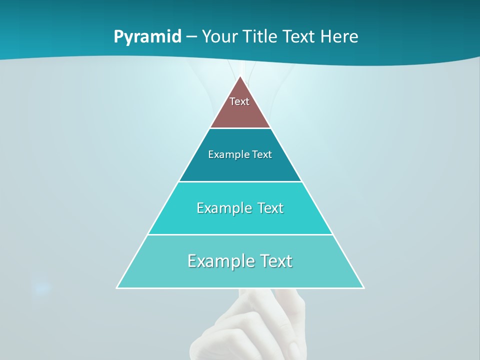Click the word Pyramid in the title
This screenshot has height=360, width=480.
point(147,37)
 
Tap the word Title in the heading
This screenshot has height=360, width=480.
point(261,36)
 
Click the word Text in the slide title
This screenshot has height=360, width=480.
point(299,36)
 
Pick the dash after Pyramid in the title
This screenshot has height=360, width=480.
point(191,37)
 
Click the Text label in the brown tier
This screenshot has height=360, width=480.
point(239,101)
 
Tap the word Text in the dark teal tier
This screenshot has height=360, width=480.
point(262,154)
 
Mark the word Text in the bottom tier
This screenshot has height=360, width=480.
point(274,261)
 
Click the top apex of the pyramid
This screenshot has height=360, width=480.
point(240,76)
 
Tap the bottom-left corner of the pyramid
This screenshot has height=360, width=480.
point(117,287)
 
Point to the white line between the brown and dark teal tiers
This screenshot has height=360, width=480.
point(240,128)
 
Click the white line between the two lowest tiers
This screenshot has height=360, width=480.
point(240,234)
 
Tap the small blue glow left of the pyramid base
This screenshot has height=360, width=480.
point(41,287)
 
